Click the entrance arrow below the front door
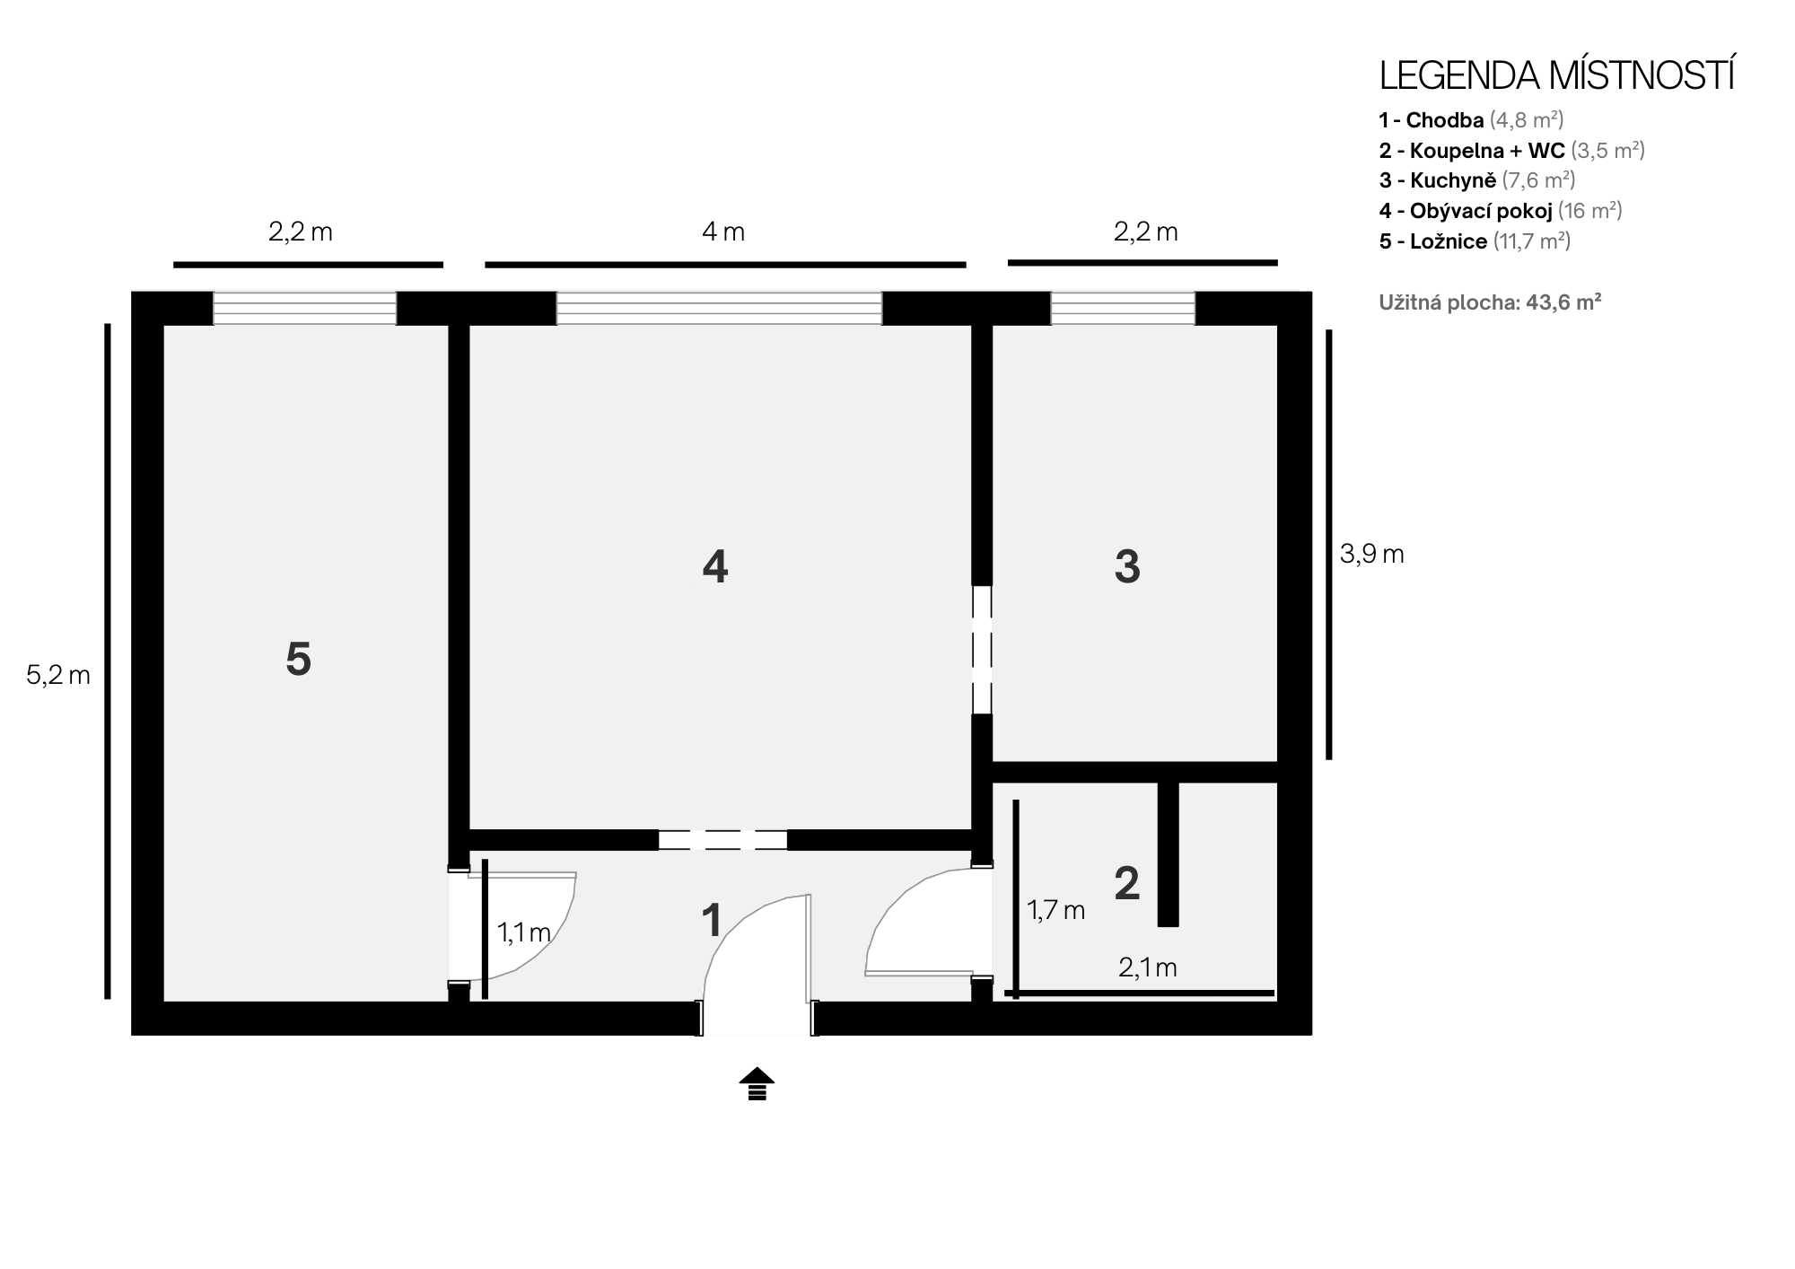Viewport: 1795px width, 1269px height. [757, 1083]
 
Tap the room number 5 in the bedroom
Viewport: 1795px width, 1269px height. [298, 660]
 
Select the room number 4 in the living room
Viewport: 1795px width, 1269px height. [714, 566]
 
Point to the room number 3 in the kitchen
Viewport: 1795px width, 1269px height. [1127, 566]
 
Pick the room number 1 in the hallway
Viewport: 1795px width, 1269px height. [712, 921]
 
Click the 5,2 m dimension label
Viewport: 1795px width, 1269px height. [58, 676]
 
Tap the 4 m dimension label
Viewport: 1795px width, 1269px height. [723, 232]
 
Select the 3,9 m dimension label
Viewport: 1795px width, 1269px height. [1371, 555]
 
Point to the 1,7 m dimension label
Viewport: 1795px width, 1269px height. [1055, 911]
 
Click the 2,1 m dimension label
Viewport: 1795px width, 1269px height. [1147, 967]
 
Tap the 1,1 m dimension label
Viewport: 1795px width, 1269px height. [524, 932]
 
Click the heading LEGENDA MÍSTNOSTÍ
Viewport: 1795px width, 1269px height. [1556, 75]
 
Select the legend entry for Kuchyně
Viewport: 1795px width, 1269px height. [1477, 180]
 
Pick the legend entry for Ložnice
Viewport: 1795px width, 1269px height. [1475, 241]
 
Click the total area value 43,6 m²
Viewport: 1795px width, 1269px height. [1563, 302]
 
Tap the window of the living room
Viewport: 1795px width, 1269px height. [719, 308]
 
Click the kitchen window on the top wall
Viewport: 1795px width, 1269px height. [1123, 308]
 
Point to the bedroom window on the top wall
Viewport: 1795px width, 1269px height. [304, 308]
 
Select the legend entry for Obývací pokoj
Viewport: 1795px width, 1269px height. [1501, 211]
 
